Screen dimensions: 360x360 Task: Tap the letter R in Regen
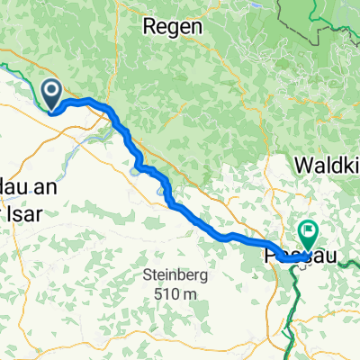[x=150, y=28]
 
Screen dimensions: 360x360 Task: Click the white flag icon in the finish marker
[x=308, y=231]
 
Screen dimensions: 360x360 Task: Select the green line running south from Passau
[x=292, y=306]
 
